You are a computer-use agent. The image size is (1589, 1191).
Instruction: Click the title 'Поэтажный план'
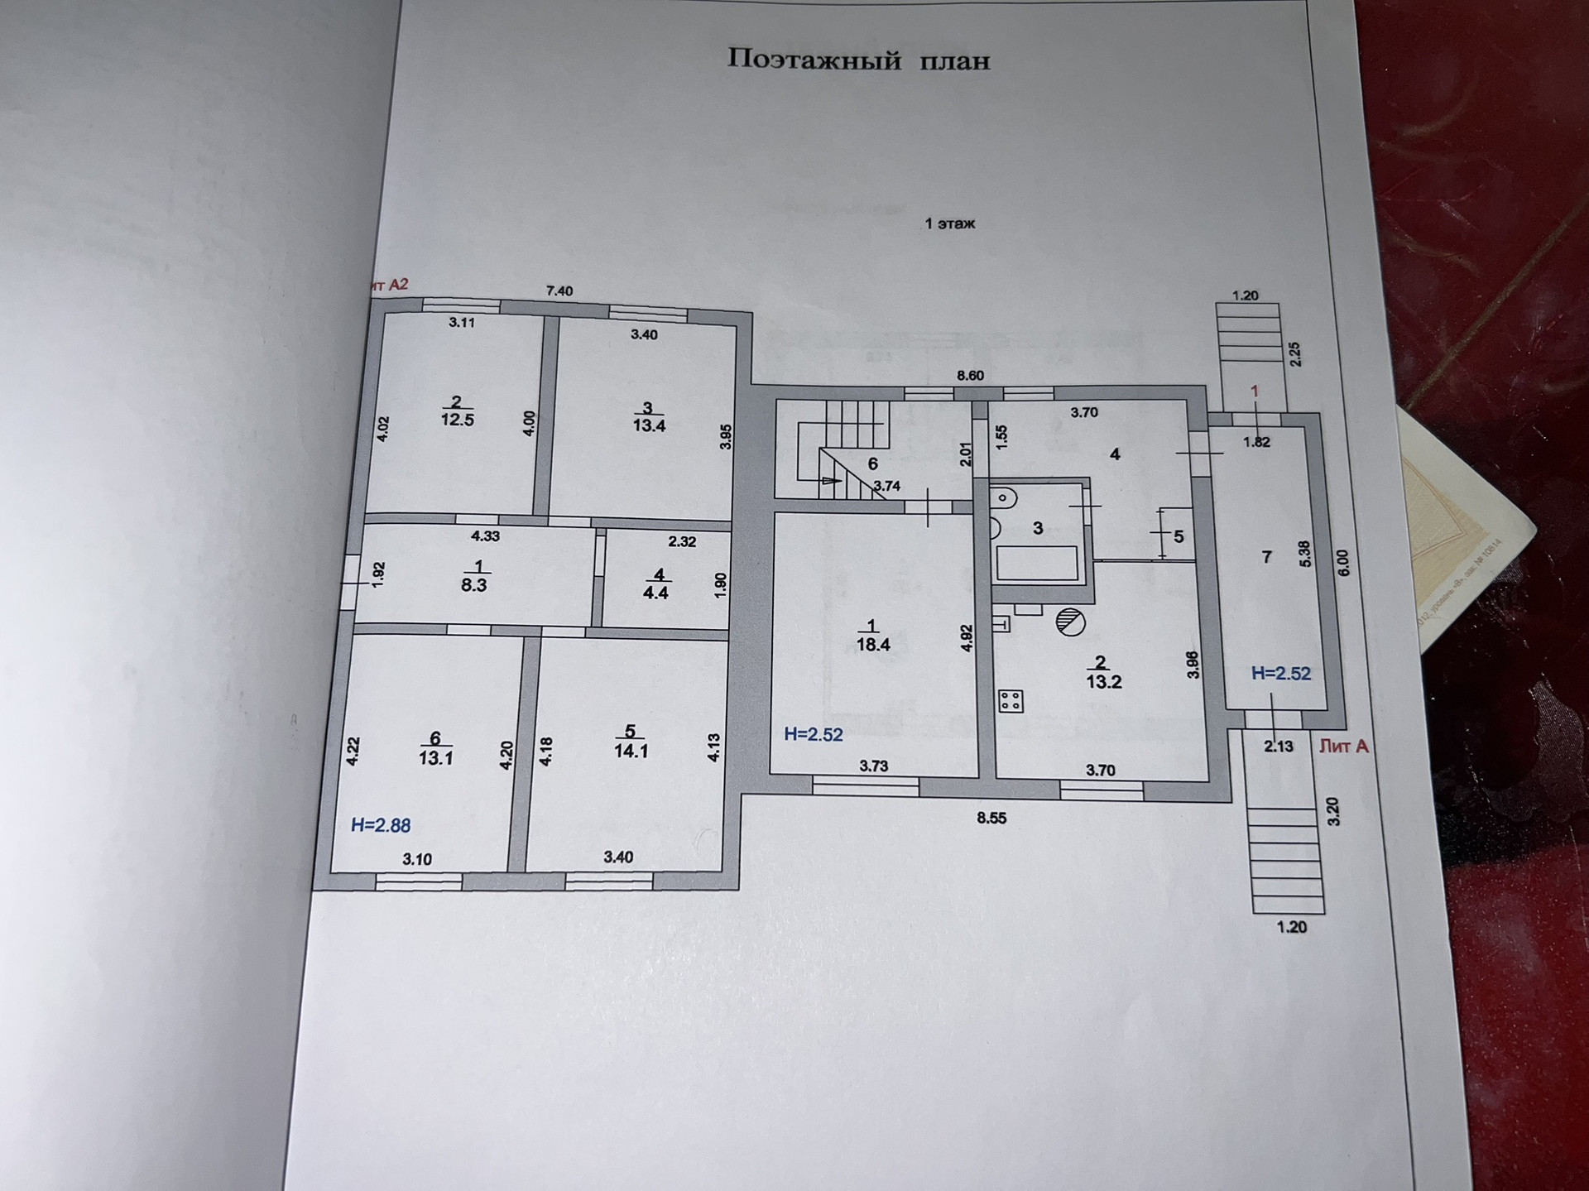point(858,60)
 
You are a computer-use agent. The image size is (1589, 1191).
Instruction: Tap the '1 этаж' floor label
point(949,223)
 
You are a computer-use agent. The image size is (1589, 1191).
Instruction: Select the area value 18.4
point(873,645)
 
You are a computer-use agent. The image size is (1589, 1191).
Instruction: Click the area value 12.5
point(457,420)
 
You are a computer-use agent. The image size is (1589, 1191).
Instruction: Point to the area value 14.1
point(631,752)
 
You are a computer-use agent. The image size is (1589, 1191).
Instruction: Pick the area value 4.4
point(655,593)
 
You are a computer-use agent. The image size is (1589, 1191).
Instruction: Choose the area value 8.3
point(473,585)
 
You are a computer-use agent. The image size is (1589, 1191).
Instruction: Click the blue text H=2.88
point(380,825)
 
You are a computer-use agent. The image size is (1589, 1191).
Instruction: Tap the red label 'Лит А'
point(1343,747)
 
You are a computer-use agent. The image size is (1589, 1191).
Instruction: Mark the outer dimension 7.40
point(559,291)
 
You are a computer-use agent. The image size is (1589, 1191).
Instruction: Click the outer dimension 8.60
point(970,375)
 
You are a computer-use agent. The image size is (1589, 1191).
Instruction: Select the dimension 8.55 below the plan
point(991,819)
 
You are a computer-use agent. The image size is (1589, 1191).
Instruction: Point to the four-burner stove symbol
point(1011,701)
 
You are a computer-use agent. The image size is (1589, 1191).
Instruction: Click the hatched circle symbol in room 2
point(1070,622)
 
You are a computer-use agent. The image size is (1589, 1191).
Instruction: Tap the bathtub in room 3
point(1037,564)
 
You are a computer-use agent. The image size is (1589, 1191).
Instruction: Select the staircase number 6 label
point(872,464)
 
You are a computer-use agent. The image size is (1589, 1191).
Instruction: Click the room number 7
point(1266,557)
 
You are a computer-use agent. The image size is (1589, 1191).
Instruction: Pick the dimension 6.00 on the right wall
point(1342,564)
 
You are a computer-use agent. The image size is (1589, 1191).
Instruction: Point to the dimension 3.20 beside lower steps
point(1332,811)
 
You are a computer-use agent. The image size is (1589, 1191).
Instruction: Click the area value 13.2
point(1104,682)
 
